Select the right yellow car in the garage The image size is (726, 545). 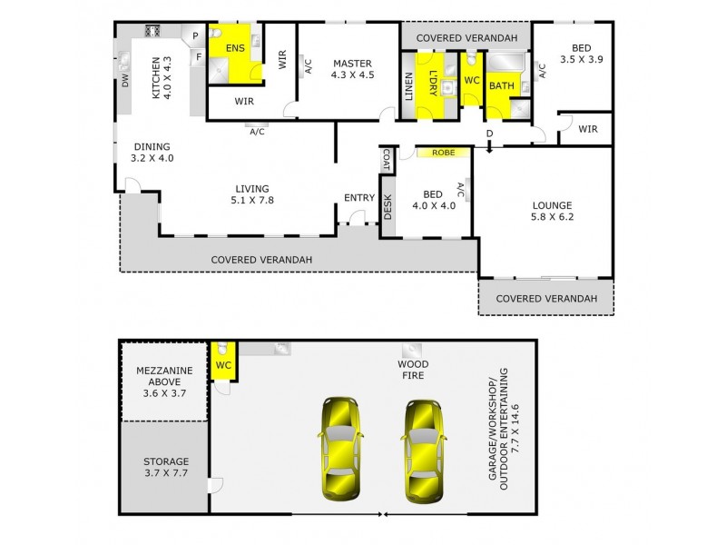click(420, 449)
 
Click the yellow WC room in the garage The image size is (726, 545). click(223, 364)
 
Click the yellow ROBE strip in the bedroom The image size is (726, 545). click(443, 154)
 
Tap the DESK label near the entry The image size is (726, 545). click(388, 208)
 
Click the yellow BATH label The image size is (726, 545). click(500, 86)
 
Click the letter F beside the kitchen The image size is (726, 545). click(198, 56)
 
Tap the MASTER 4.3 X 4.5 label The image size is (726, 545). click(351, 69)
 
